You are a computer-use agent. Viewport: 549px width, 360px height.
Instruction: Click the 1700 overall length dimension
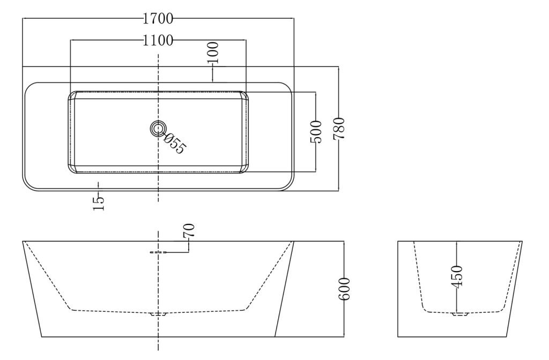pos(158,19)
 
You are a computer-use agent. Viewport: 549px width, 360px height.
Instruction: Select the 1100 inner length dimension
pos(158,41)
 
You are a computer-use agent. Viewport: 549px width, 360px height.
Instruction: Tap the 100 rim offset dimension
pos(212,53)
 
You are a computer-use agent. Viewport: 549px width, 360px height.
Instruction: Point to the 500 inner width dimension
pos(316,132)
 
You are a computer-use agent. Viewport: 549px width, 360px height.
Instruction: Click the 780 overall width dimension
pos(339,129)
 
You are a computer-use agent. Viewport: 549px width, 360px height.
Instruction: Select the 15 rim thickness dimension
pos(99,203)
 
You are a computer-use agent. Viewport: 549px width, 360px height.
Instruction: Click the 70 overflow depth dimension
pos(189,230)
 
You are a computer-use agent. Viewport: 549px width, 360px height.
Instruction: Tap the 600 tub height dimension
pos(345,289)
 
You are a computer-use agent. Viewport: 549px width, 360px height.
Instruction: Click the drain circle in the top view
pos(158,129)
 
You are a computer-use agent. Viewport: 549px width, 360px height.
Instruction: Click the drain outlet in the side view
pos(158,314)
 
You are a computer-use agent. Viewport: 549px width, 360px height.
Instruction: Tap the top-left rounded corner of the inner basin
pos(72,95)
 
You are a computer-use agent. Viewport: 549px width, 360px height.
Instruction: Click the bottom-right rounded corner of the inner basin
pos(244,169)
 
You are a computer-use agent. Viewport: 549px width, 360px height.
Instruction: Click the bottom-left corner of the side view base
pos(42,337)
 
